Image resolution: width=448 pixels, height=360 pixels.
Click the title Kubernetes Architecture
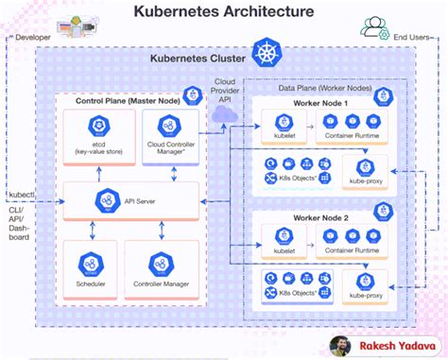click(x=224, y=12)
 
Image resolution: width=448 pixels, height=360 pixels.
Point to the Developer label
click(x=32, y=38)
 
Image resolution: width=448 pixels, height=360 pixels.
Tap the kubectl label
click(x=22, y=195)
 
